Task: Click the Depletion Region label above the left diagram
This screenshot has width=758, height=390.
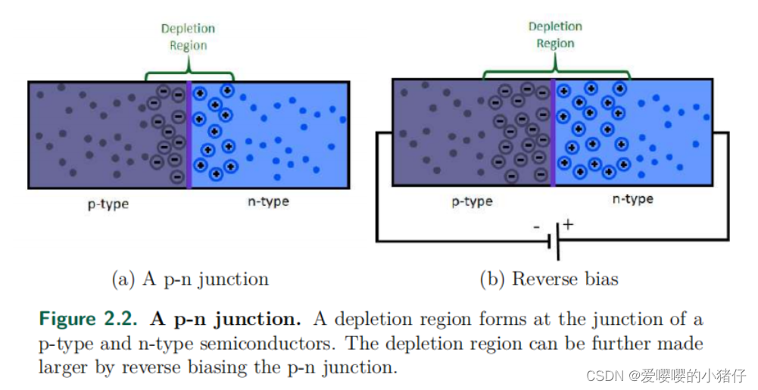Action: pyautogui.click(x=188, y=37)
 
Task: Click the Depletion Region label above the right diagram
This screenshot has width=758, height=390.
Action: pyautogui.click(x=555, y=35)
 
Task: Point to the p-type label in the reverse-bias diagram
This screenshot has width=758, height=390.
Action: pyautogui.click(x=472, y=201)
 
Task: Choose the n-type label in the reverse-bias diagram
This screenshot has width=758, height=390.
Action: pyautogui.click(x=632, y=199)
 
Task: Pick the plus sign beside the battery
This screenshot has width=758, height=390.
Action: pyautogui.click(x=568, y=224)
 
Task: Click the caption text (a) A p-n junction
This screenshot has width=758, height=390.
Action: pyautogui.click(x=190, y=279)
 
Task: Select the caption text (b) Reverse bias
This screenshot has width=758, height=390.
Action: pyautogui.click(x=549, y=279)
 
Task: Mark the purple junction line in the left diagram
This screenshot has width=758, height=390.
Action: pyautogui.click(x=189, y=134)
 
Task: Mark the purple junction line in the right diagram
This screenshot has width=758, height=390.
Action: pyautogui.click(x=553, y=132)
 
